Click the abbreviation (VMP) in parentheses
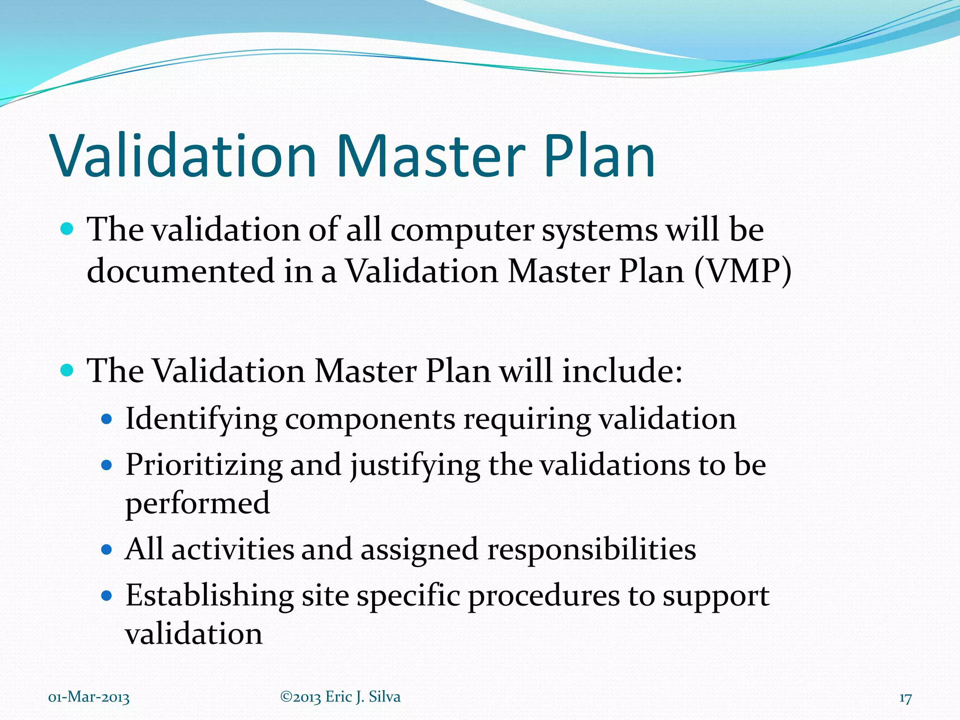743,271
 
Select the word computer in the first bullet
462,231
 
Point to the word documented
180,271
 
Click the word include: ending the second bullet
622,371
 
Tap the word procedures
544,597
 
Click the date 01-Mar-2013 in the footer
89,697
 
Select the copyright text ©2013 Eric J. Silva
340,697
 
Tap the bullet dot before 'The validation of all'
67,229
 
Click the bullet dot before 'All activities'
107,549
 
